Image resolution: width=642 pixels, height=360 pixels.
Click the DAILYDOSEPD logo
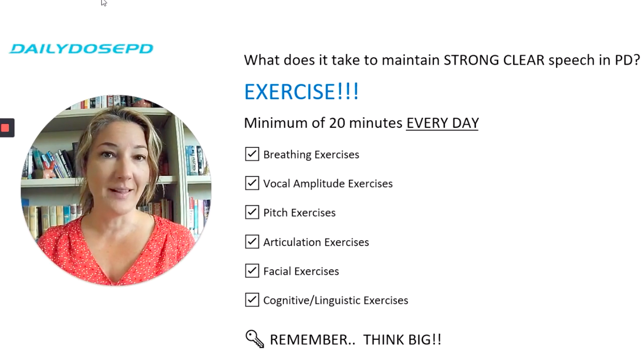point(81,49)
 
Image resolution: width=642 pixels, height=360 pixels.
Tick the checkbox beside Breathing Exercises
point(252,154)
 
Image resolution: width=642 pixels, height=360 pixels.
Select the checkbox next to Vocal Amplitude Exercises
point(252,183)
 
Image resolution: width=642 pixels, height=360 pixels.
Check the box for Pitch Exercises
point(252,212)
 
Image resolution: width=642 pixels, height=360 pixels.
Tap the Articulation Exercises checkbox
point(252,242)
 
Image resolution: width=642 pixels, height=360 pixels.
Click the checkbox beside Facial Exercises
point(252,271)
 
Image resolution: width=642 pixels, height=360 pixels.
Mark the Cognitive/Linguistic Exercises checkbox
point(252,300)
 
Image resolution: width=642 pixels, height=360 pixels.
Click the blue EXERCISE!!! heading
point(301,92)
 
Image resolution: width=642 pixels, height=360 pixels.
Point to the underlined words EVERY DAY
point(442,123)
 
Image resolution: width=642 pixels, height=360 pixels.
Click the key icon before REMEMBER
point(255,339)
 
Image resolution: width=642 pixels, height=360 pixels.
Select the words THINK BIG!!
point(402,340)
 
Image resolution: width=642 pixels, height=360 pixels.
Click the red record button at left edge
point(5,128)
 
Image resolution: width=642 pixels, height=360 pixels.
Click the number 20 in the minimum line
point(337,123)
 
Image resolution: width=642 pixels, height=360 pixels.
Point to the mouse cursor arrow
point(103,2)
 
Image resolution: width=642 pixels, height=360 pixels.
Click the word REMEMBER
point(312,340)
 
